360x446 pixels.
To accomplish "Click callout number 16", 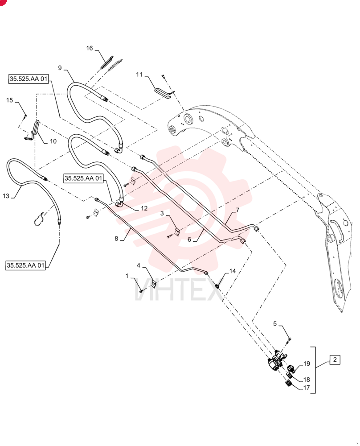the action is [90, 48].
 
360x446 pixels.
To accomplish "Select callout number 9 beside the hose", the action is [60, 68].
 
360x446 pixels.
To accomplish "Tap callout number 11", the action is [139, 74].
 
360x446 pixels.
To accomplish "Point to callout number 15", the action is [10, 100].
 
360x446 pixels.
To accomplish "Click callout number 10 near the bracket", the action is [53, 141].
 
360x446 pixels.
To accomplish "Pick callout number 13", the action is [6, 196].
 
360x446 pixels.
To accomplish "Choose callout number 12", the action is [144, 208].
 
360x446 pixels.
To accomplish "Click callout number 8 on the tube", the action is [116, 238].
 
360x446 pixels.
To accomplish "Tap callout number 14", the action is [233, 271].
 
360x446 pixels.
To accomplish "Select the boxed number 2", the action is [335, 359].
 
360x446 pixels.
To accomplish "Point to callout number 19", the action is [307, 363].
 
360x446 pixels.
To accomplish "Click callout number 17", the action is [306, 388].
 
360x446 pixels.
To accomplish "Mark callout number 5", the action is [275, 324].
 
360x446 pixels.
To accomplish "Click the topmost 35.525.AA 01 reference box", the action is [29, 79].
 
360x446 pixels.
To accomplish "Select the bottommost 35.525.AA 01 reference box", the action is [25, 265].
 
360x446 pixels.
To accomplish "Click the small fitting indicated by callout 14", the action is [217, 286].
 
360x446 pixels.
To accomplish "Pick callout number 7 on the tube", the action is [237, 210].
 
